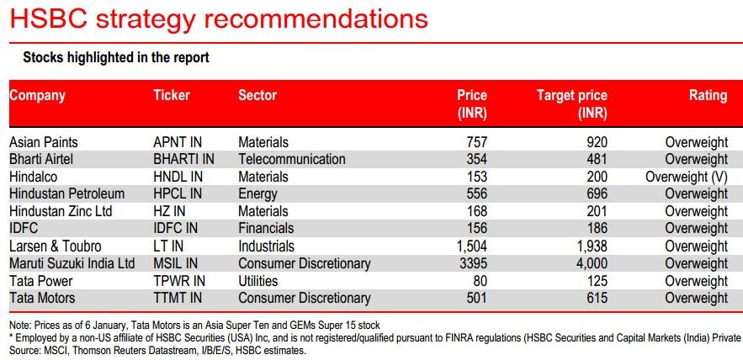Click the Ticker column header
(172, 95)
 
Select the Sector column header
(257, 95)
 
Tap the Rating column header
(708, 95)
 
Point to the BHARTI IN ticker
(183, 159)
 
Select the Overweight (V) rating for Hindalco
(687, 177)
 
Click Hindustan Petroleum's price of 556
(475, 194)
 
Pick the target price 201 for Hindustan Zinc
(595, 212)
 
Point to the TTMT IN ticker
(179, 299)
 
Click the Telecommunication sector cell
(292, 159)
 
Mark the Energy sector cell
(258, 194)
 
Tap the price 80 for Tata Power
(480, 281)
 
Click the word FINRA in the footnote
(398, 338)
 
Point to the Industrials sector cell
(267, 246)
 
